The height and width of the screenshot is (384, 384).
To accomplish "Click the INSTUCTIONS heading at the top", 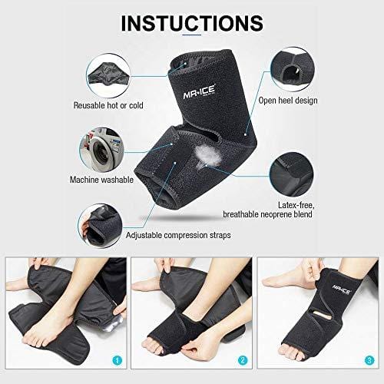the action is pos(192,23).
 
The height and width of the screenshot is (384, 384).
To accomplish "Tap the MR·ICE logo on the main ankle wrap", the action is pos(199,92).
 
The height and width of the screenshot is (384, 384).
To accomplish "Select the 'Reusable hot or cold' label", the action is pos(108,105).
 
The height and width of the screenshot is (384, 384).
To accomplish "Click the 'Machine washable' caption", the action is pos(101,180).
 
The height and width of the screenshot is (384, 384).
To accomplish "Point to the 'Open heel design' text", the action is pos(288,101).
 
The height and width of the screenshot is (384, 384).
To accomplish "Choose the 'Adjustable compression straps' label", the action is pos(178,235).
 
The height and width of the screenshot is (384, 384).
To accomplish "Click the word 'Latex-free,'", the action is pos(296,205).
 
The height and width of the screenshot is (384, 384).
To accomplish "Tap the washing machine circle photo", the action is pos(101,151).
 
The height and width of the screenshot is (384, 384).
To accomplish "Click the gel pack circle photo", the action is pos(108,76).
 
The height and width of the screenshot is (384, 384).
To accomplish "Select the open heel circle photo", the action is pos(293,69).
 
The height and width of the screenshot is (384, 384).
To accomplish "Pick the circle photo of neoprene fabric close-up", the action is pos(292,174).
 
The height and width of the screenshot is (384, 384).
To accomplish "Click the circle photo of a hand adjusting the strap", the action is pos(100,226).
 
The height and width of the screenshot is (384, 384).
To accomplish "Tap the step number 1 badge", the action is pos(118,361).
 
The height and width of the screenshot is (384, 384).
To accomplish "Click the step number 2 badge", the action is pos(243,361).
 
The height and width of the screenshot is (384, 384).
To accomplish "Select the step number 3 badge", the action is pos(369,361).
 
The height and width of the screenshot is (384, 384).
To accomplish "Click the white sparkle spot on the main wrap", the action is pos(207,156).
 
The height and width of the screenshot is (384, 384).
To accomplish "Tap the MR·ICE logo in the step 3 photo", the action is pos(342,290).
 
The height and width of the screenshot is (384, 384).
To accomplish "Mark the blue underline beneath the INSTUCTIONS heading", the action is pos(193,35).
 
